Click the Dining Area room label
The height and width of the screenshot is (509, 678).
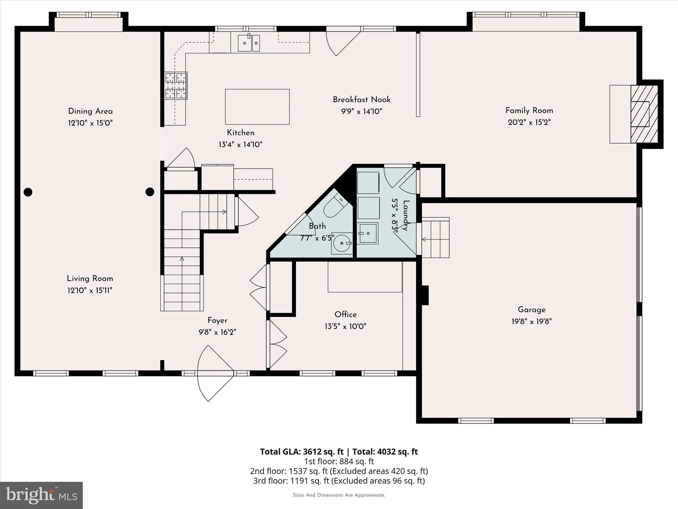click(90, 111)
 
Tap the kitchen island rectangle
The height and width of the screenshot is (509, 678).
click(257, 107)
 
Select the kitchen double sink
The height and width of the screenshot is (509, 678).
click(249, 43)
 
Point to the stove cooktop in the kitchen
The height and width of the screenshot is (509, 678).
click(176, 86)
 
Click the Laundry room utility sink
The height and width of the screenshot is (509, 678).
click(367, 233)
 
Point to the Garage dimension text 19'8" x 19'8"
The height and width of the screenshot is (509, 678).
click(531, 321)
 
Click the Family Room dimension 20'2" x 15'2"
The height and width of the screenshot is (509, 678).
click(529, 122)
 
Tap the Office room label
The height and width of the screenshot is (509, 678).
click(345, 314)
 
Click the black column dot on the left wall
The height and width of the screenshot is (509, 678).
click(28, 192)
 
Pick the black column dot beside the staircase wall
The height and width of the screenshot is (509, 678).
click(150, 192)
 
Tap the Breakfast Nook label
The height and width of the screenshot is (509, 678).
click(362, 99)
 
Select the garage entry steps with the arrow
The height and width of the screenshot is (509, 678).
click(435, 238)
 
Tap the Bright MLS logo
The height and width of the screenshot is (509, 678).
click(41, 495)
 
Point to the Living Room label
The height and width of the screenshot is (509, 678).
click(90, 279)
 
